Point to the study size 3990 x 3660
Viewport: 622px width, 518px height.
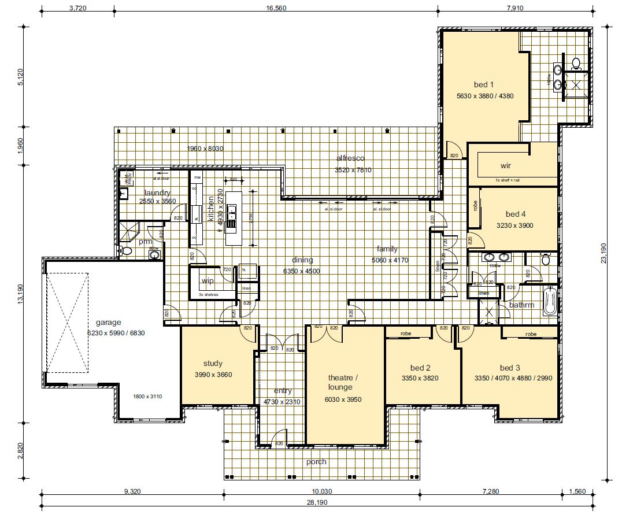pos(213,375)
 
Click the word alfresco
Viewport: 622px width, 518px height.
pos(351,158)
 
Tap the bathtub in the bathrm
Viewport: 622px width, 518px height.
pos(550,301)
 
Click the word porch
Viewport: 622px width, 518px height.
pos(316,461)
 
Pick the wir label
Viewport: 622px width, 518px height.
pos(506,165)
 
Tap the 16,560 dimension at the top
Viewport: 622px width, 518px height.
pos(276,8)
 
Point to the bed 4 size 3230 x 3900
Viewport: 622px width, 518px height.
pos(514,225)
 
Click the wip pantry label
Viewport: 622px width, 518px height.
pos(207,281)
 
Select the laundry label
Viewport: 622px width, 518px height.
pos(156,193)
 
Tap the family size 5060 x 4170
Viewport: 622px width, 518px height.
pos(390,260)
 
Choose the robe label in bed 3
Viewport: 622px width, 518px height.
pos(531,334)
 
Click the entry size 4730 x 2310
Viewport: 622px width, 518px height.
pos(282,401)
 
